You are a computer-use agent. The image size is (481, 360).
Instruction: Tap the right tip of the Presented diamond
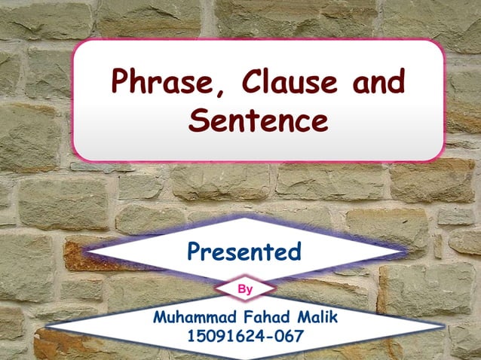coord(406,247)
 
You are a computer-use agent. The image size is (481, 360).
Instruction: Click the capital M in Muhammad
coord(160,317)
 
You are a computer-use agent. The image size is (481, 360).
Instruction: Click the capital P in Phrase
coord(121,81)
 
